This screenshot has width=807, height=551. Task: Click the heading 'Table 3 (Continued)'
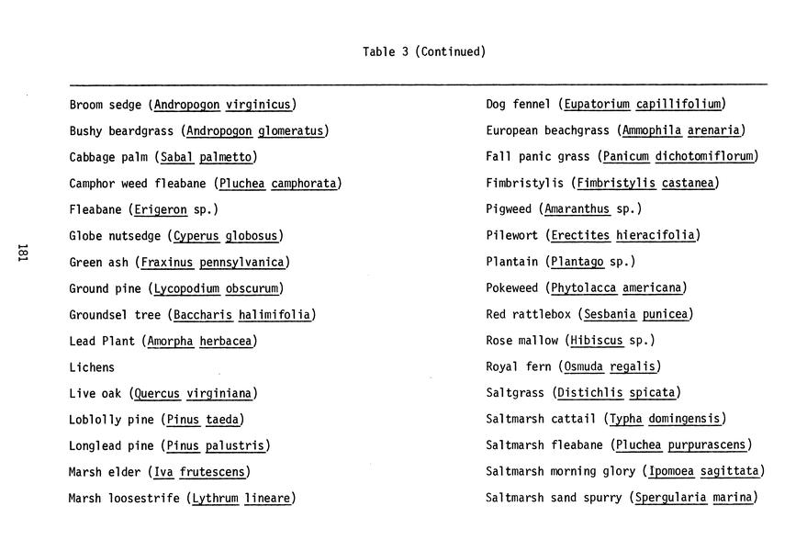point(423,52)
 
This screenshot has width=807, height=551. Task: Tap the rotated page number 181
point(23,253)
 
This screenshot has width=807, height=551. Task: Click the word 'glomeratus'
point(291,131)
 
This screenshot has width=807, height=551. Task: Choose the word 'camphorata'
point(304,184)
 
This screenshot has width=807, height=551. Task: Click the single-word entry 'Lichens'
point(92,367)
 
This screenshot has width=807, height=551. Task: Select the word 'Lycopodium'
point(186,288)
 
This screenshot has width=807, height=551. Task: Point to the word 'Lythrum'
point(215,499)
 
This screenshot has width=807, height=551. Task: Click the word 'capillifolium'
point(678,105)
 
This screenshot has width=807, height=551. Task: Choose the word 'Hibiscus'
point(596,341)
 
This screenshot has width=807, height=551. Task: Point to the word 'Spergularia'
point(670,499)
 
